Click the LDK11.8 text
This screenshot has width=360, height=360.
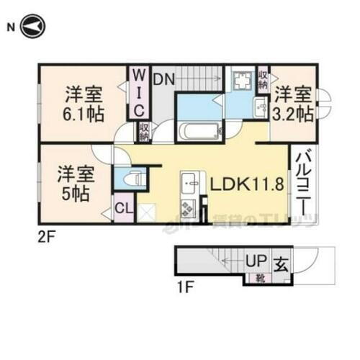(245, 184)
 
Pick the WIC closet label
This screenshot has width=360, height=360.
(140, 91)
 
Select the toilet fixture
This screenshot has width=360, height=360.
(134, 178)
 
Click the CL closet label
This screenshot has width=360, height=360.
(123, 210)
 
